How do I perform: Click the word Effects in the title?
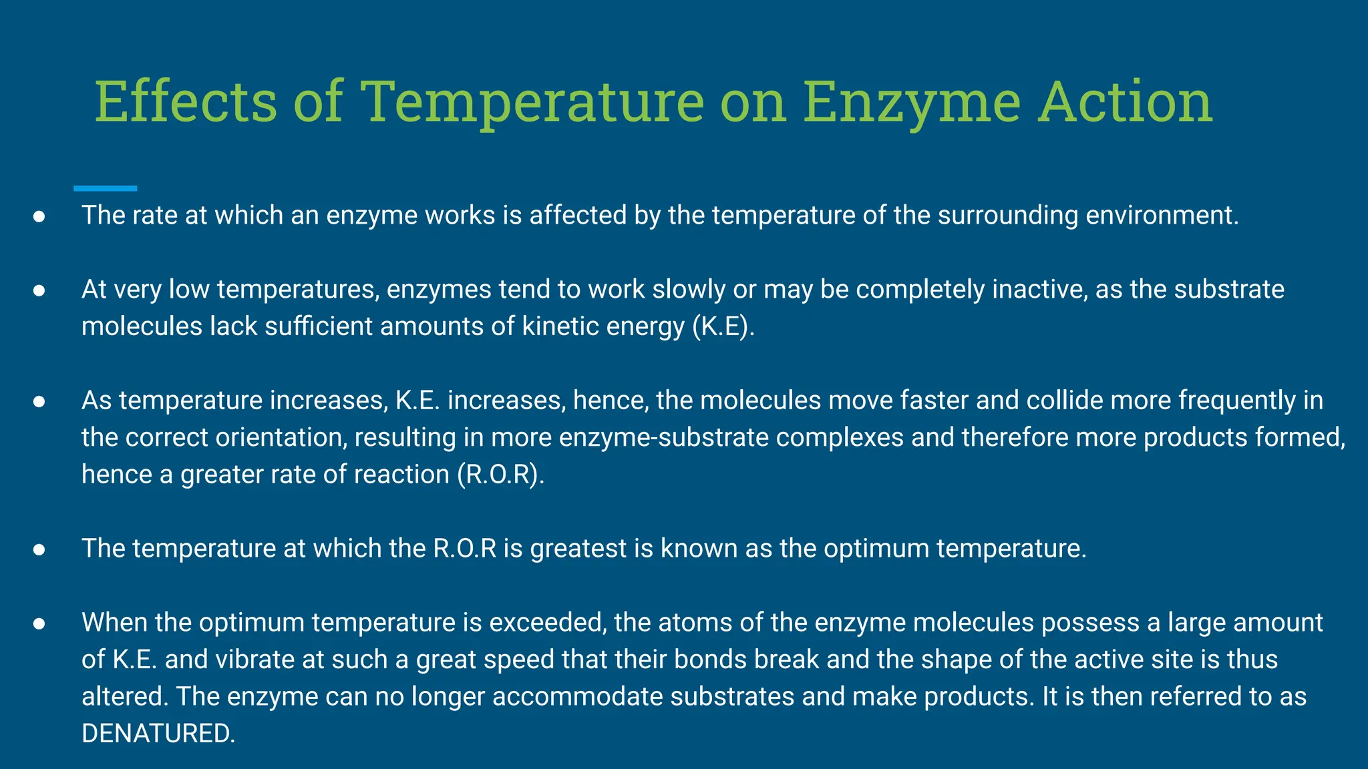(x=185, y=101)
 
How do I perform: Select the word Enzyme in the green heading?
(x=912, y=101)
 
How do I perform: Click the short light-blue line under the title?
(x=105, y=189)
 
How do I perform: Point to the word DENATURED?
(x=158, y=734)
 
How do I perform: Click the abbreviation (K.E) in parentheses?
(x=723, y=326)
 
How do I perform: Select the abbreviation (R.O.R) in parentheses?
(x=500, y=475)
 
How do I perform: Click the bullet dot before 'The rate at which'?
(x=39, y=216)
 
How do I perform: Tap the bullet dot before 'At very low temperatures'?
(x=39, y=290)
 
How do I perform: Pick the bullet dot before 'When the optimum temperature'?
(x=39, y=623)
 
